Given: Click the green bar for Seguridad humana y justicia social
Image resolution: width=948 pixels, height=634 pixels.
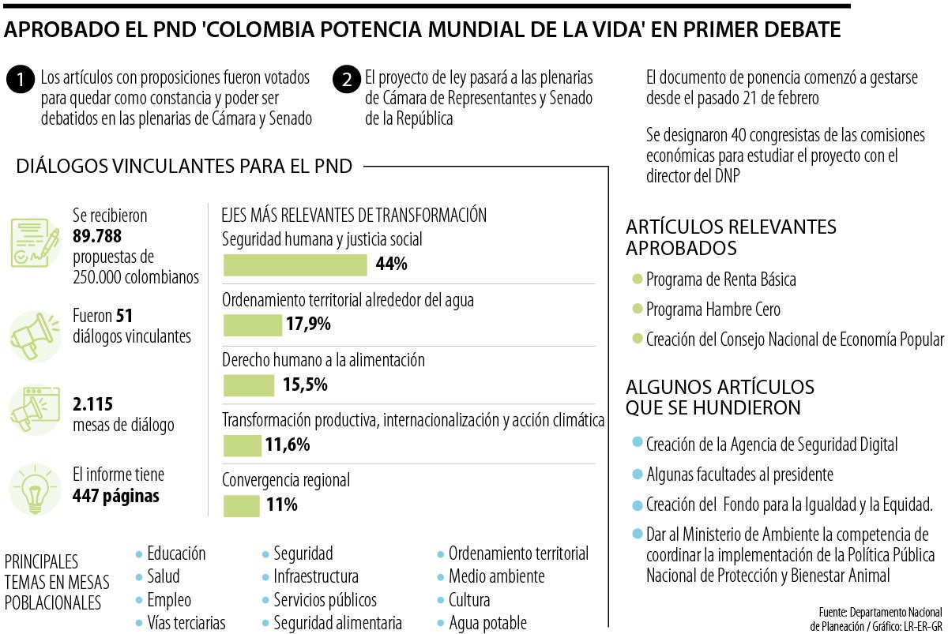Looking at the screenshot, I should click(x=295, y=265).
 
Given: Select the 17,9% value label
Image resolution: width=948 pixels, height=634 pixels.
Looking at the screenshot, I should click(x=308, y=325).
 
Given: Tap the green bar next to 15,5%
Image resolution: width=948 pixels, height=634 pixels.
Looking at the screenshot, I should click(x=248, y=385).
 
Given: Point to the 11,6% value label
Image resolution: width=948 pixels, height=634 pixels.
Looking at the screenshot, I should click(x=287, y=445).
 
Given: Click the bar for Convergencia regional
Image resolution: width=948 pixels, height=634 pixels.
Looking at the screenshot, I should click(x=241, y=505).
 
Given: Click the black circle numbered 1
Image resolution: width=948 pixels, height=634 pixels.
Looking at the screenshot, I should click(x=20, y=81).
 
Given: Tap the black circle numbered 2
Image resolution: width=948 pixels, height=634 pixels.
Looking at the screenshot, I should click(x=346, y=81).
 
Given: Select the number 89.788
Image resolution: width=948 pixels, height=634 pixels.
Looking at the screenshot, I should click(x=96, y=236).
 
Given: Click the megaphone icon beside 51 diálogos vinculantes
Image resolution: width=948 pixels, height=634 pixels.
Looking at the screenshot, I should click(x=34, y=336).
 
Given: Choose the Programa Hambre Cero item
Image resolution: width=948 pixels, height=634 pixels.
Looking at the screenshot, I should click(x=713, y=309).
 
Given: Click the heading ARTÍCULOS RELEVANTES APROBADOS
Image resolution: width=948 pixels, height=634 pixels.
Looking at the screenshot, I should click(x=731, y=237).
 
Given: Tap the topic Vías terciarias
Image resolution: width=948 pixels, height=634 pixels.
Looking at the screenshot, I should click(x=186, y=623).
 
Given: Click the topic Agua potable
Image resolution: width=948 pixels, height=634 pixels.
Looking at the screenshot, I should click(x=487, y=623).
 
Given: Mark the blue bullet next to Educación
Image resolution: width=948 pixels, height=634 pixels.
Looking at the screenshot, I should click(x=140, y=553).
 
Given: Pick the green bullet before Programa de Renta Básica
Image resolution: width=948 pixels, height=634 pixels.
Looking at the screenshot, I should click(x=638, y=279).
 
